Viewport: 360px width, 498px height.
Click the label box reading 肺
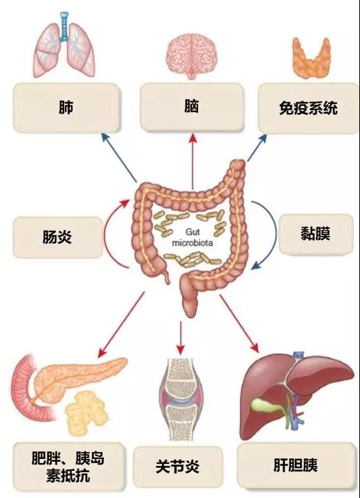[x=66, y=107]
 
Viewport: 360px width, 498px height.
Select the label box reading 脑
[x=192, y=107]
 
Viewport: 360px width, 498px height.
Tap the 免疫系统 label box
[x=308, y=108]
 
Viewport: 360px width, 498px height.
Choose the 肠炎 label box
[x=58, y=237]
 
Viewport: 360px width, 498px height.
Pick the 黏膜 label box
[x=316, y=234]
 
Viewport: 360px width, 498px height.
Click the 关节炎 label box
[x=178, y=466]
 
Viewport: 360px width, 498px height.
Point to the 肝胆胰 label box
[x=296, y=465]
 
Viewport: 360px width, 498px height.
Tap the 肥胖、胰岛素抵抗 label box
[x=68, y=466]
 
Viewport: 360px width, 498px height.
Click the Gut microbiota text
[x=193, y=237]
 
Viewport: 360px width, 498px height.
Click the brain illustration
[x=192, y=56]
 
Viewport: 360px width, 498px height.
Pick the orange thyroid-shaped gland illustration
[x=311, y=58]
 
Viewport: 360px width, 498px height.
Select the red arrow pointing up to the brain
[x=193, y=161]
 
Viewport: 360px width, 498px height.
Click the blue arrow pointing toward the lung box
[x=119, y=158]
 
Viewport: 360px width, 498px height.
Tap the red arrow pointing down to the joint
[x=181, y=338]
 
